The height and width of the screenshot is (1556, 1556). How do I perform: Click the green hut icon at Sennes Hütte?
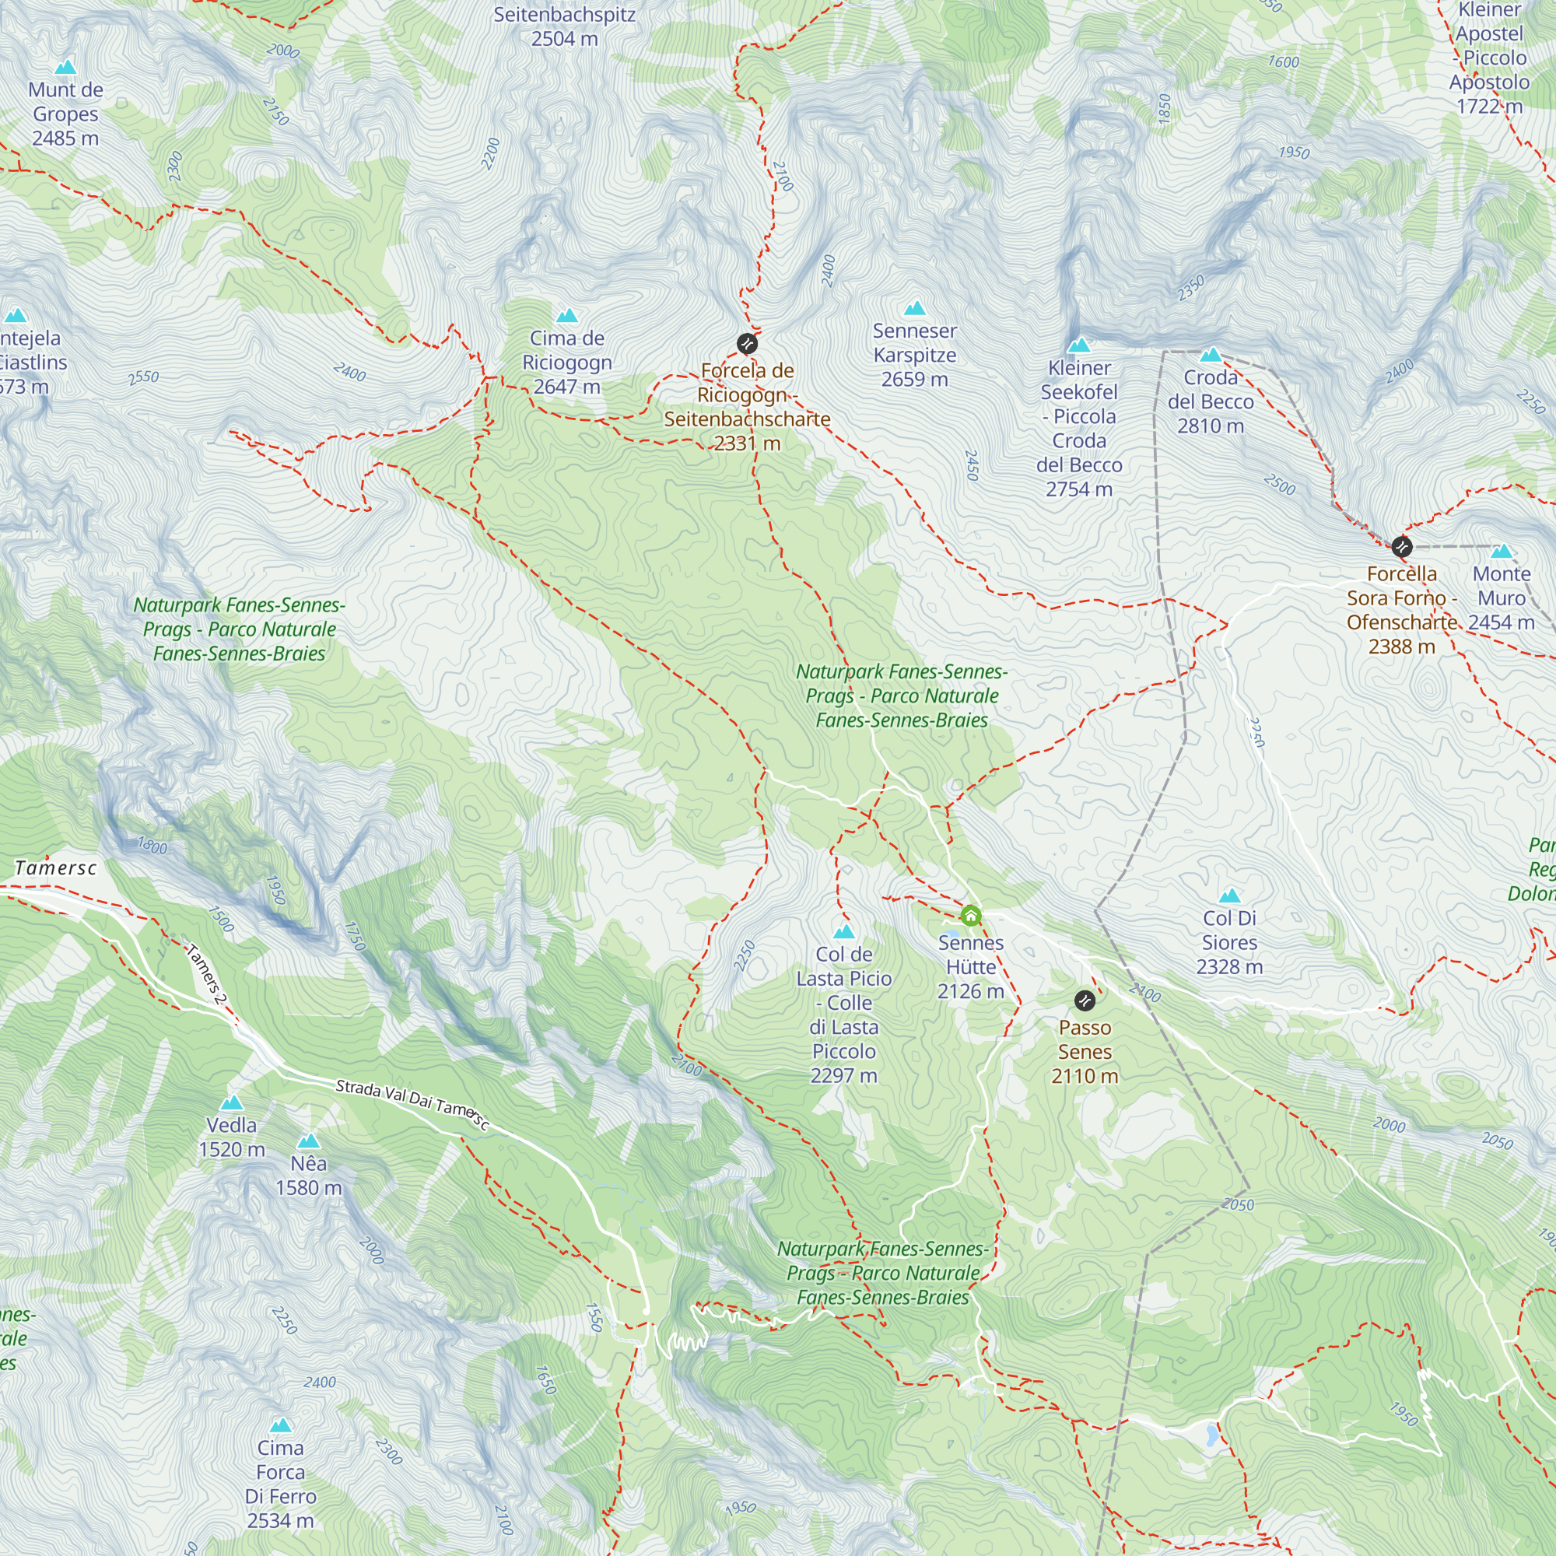970,916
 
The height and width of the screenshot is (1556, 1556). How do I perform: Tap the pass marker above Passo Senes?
1085,1001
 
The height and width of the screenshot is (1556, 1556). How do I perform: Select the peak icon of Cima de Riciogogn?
567,316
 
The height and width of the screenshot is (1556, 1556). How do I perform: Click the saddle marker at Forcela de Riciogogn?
748,344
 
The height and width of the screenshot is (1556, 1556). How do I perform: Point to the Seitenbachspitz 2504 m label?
565,26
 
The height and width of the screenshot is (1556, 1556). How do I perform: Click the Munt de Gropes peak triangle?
65,67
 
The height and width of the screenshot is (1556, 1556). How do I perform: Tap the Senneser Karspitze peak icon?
914,308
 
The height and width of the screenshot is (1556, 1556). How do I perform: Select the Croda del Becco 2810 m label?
1211,401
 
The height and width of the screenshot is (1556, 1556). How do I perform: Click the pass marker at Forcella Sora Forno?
1402,547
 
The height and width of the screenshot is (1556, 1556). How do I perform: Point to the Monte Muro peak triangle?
1502,552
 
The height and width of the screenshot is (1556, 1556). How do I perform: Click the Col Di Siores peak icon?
1229,896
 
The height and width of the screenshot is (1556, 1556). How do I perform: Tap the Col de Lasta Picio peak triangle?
843,932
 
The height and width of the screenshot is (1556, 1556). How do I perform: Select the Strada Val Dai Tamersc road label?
412,1104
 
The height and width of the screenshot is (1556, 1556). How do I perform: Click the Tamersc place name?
55,867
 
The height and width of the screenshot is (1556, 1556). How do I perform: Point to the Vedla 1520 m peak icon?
232,1102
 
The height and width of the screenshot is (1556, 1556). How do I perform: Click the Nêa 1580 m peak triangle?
308,1141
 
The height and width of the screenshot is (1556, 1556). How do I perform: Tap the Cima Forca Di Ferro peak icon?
280,1425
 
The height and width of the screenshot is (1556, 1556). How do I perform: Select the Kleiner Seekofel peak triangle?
1078,345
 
